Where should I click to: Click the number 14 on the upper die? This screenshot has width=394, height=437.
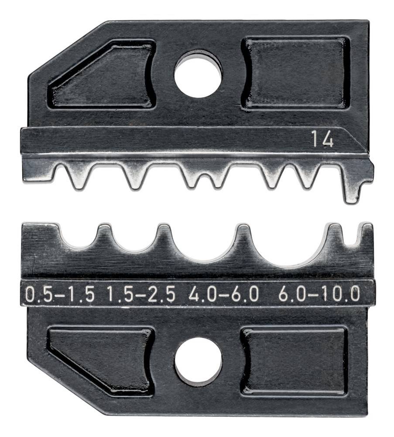pyautogui.click(x=322, y=140)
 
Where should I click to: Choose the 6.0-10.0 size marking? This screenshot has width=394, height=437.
pyautogui.click(x=319, y=294)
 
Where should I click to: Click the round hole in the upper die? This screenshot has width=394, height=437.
pyautogui.click(x=198, y=73)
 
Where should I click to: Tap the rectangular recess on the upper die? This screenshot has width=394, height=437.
pyautogui.click(x=296, y=73)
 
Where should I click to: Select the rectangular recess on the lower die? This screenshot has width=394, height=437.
pyautogui.click(x=295, y=361)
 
